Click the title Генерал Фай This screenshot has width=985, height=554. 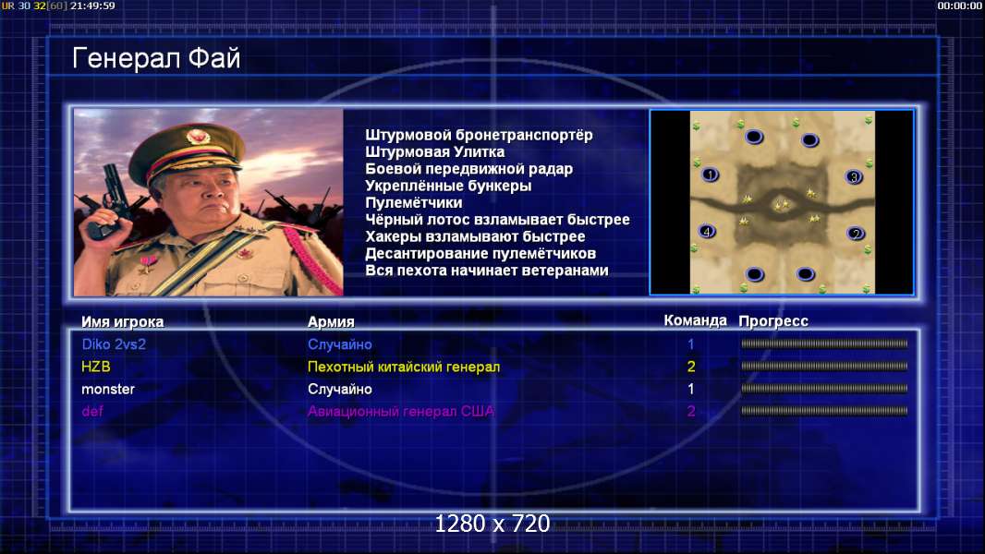coord(156,58)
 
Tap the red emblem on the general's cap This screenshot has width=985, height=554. coord(198,137)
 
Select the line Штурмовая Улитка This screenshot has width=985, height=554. coord(434,151)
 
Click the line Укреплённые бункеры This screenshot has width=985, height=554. coord(448,186)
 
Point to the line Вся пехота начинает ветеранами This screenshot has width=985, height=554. coord(487,271)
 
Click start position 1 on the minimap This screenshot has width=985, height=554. coord(710,175)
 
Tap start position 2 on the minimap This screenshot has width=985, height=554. coord(856,234)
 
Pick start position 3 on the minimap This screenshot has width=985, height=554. coord(854,177)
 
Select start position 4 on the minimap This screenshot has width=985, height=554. coord(707,232)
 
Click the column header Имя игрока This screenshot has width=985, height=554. coord(123,322)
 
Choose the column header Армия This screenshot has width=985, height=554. coord(331,322)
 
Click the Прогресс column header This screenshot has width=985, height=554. coord(773,321)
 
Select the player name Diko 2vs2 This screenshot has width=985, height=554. coord(114,344)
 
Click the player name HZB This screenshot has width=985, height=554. coord(95,367)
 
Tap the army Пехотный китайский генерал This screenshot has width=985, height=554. coord(404,367)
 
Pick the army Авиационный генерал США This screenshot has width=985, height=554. coord(401,412)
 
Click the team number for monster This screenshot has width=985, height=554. coord(691,389)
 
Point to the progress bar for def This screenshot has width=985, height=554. coord(824,411)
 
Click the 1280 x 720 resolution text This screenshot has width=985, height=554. coord(492,524)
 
